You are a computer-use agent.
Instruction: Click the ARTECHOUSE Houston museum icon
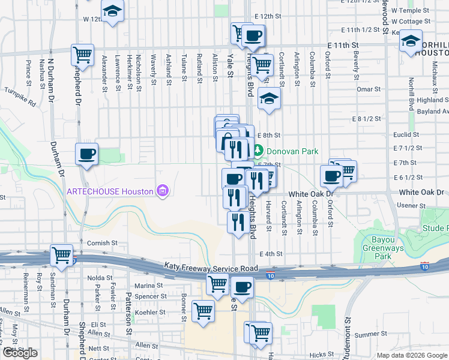161,191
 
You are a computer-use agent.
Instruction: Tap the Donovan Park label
292,151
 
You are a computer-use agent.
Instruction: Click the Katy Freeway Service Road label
211,268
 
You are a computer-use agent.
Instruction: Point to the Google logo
20,353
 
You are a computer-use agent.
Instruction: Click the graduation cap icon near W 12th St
112,11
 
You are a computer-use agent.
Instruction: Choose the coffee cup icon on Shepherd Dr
87,154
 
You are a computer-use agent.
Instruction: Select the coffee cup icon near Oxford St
331,176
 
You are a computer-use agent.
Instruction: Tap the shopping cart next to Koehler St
203,311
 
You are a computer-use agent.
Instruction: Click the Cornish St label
98,243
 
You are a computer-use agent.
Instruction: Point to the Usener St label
411,205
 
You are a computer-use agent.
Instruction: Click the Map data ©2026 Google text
411,355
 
